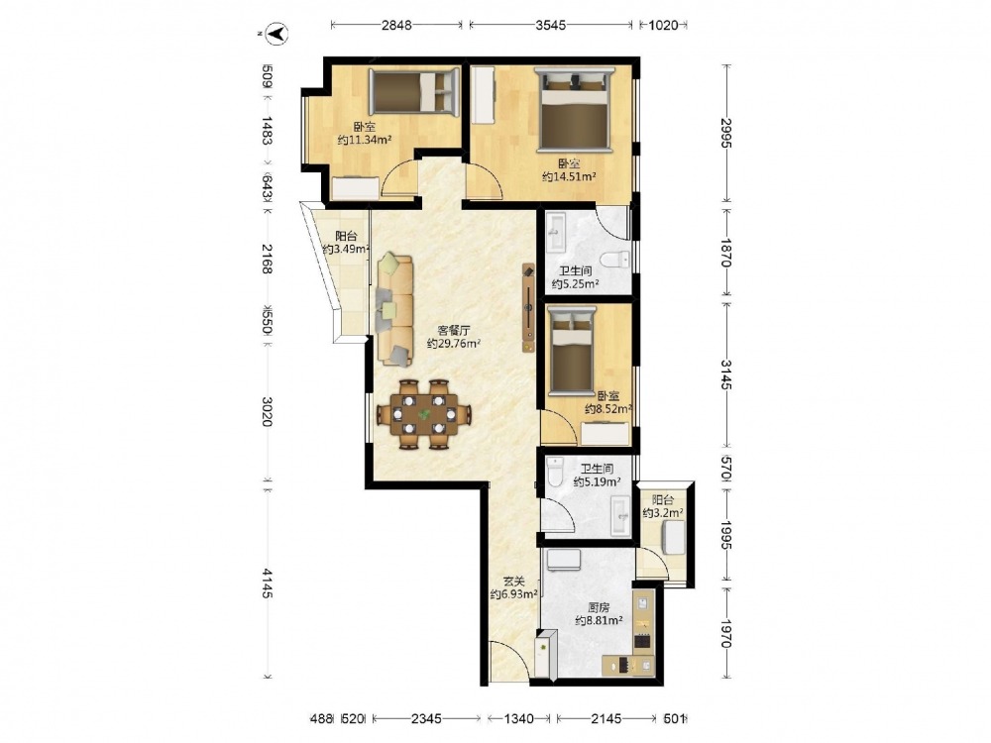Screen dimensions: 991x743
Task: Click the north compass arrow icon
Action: [276, 33]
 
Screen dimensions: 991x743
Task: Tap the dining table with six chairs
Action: [424, 414]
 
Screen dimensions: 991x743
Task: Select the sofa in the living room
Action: [395, 309]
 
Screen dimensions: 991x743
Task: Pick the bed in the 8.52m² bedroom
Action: [572, 350]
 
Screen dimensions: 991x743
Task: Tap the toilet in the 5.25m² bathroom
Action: [615, 259]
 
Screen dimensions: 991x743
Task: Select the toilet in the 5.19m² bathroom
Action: [556, 472]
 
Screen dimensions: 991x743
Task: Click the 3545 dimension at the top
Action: [550, 26]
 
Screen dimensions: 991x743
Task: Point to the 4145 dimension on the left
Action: [268, 584]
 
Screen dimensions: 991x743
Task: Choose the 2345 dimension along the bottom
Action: [426, 718]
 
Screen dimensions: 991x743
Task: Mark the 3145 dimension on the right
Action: [726, 375]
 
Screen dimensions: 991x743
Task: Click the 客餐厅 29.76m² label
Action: [454, 338]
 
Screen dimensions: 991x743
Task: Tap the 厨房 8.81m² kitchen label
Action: [599, 614]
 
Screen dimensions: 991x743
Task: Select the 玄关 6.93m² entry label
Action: [513, 587]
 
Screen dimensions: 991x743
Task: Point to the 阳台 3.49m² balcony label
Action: [346, 243]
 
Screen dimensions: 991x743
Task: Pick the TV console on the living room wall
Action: [529, 308]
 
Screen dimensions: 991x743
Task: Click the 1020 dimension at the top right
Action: [663, 26]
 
